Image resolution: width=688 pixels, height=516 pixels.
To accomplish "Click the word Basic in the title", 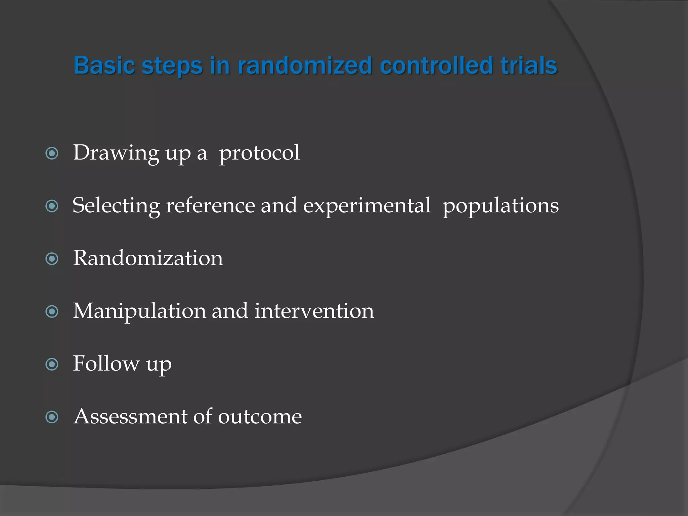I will coord(104,65).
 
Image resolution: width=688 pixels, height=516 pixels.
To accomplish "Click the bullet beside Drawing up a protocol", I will coord(52,154).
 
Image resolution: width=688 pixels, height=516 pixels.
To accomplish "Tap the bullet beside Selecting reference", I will coord(52,206).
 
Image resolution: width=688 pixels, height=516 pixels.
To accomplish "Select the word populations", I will coord(500,206).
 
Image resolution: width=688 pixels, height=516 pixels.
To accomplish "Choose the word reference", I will coord(210,205).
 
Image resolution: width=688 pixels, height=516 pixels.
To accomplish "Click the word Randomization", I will coord(148,258).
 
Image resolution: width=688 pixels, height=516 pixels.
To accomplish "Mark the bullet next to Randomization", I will coord(52,259).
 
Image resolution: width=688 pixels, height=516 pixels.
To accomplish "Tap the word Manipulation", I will coord(139,311).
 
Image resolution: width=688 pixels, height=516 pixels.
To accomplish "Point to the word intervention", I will coord(314,311).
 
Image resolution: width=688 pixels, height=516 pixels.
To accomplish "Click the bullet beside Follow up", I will coord(52,364).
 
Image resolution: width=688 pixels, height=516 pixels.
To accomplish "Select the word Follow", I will coord(106,363).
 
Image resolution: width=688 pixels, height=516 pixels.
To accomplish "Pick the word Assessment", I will coord(130,417).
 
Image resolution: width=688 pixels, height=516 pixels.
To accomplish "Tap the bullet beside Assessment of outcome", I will coord(52,417).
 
